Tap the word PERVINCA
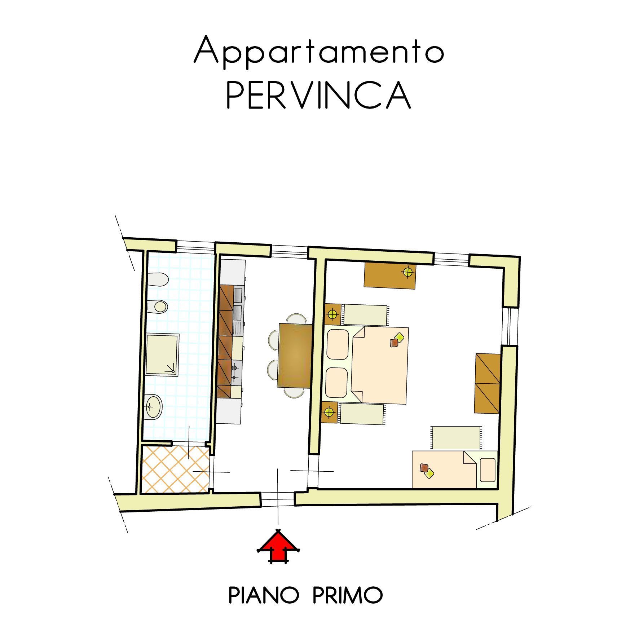[x=318, y=95]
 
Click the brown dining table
[x=295, y=356]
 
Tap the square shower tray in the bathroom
[x=162, y=355]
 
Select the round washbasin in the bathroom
[x=154, y=407]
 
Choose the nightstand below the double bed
[x=329, y=412]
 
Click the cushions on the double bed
[x=397, y=340]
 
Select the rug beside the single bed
[x=456, y=438]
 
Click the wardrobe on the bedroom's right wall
[x=488, y=384]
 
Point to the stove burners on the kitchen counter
[x=235, y=373]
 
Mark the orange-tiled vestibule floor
[x=176, y=469]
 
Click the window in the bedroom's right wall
[x=510, y=326]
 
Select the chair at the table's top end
[x=296, y=318]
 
